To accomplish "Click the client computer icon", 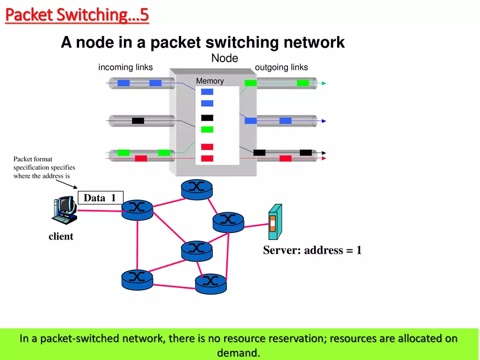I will (x=64, y=210).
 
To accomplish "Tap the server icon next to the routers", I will (x=274, y=222).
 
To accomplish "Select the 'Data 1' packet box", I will (x=100, y=198).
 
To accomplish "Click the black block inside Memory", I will (x=207, y=118).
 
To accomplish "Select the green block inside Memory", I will (x=207, y=130).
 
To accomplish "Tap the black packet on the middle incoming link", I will (x=138, y=121).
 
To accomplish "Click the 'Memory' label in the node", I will (x=210, y=81).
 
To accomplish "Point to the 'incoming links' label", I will (x=125, y=68).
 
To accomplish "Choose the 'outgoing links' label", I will (x=281, y=68).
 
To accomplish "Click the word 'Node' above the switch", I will (x=225, y=58).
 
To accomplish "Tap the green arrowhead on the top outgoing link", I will (x=323, y=83).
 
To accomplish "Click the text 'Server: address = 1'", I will (x=312, y=250).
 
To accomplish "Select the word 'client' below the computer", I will (x=61, y=236).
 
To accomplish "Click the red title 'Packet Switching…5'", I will (x=77, y=15).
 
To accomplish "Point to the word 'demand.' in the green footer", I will (x=238, y=352).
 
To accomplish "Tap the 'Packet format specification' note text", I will (x=44, y=167).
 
